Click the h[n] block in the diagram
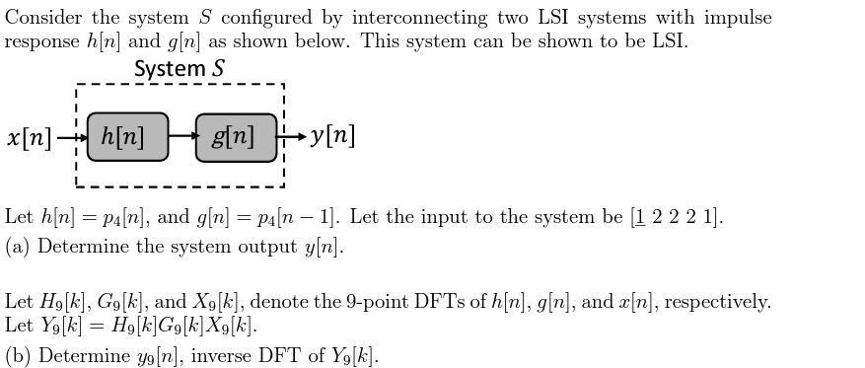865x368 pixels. point(126,137)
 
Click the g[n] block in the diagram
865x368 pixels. point(236,137)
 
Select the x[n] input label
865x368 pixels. point(29,137)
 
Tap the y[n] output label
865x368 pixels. point(332,136)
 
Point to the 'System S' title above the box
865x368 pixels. point(179,69)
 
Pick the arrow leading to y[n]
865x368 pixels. point(292,137)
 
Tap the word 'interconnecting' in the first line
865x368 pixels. point(418,18)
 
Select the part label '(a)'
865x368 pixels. point(19,247)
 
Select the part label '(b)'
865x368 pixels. point(19,356)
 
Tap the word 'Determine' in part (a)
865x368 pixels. point(84,247)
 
